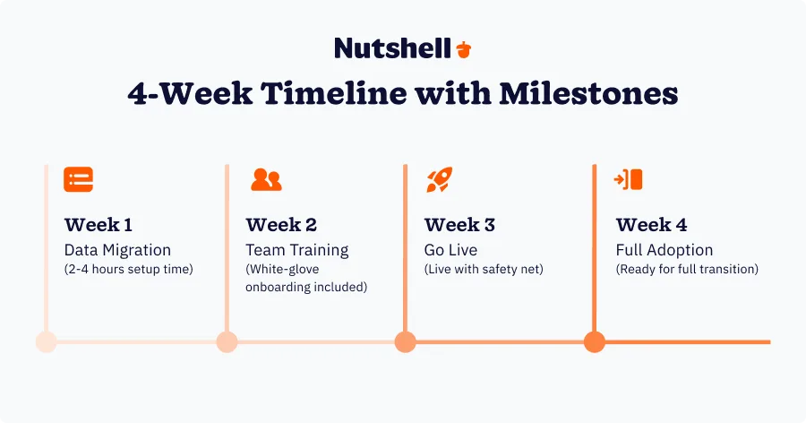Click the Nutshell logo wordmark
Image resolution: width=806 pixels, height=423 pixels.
[x=392, y=47]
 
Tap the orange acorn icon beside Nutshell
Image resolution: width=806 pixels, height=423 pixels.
[x=463, y=48]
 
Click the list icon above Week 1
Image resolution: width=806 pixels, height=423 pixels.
[x=78, y=179]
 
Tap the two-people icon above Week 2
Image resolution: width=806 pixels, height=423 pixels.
[x=266, y=179]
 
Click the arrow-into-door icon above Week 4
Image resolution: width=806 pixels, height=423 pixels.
[x=629, y=179]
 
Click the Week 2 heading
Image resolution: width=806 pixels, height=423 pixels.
[x=281, y=225]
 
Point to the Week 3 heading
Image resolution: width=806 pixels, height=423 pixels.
[x=459, y=225]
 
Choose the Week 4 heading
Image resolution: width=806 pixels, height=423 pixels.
[x=651, y=225]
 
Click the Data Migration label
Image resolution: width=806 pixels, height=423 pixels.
[x=117, y=250]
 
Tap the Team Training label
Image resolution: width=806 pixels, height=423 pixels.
[x=297, y=250]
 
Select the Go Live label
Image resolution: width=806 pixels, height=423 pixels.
[x=450, y=250]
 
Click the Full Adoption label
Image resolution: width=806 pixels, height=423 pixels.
[x=664, y=250]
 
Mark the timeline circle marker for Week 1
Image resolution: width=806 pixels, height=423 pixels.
[x=46, y=341]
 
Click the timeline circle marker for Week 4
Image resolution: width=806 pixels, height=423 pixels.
[x=595, y=341]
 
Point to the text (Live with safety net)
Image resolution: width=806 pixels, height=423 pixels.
[x=483, y=270]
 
